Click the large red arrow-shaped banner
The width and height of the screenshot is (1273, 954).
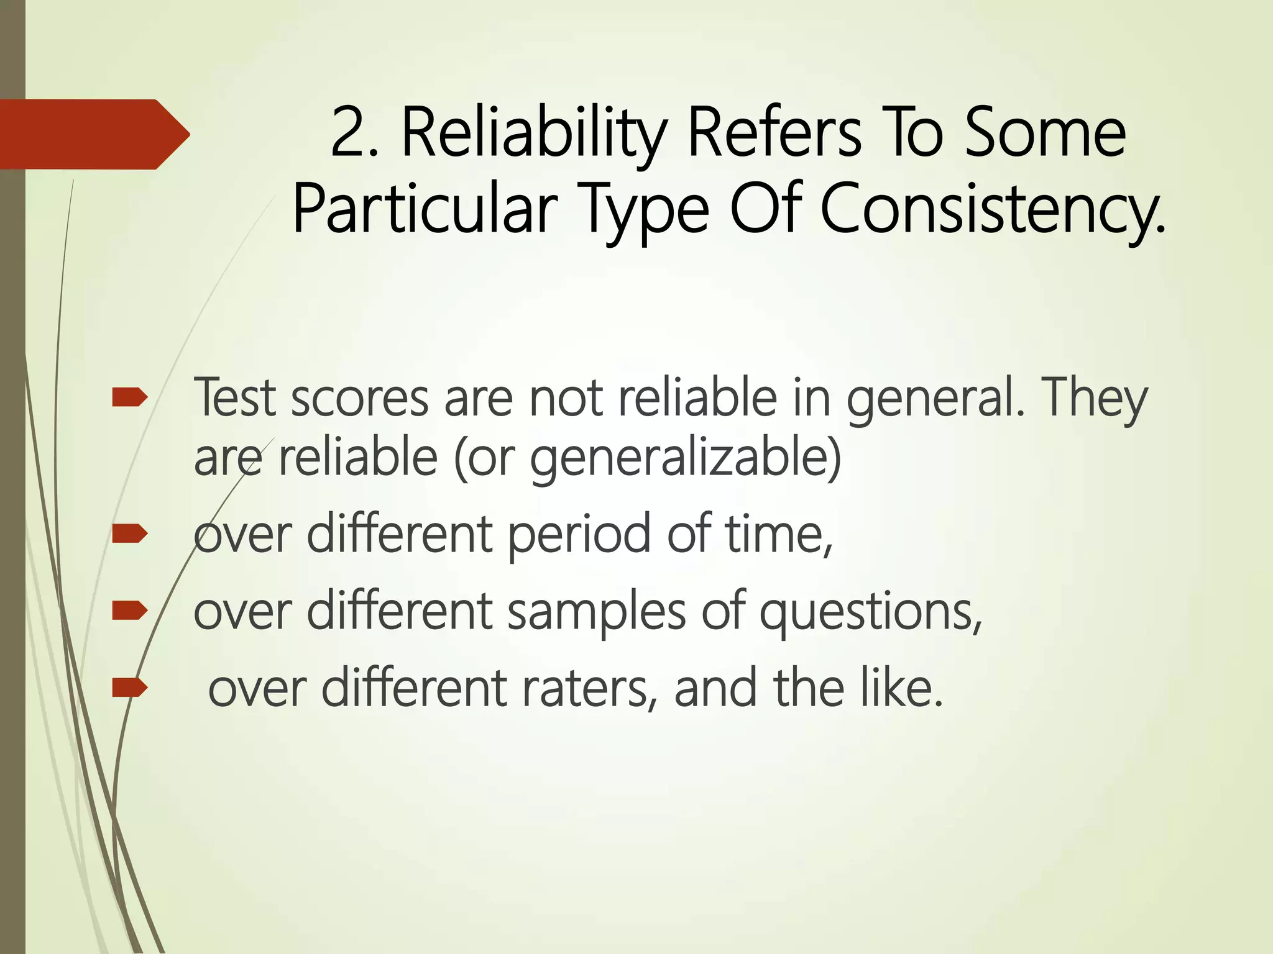[93, 134]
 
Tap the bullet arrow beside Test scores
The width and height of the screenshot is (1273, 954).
[129, 397]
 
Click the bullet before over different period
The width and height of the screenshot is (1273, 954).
[129, 534]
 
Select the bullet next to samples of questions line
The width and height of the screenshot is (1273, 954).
[129, 611]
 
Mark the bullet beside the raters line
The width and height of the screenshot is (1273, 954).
[129, 688]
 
